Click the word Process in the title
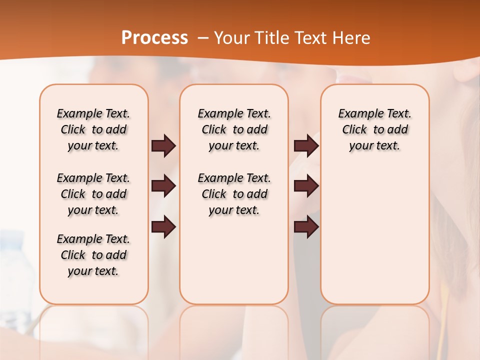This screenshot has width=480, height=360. pos(154,37)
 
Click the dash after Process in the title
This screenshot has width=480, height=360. pos(203,38)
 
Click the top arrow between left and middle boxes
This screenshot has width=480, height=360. pos(163,145)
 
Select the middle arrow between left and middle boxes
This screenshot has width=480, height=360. pos(163,186)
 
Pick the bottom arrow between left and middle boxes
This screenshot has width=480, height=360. pos(163,227)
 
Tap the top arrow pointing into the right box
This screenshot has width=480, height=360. pos(306,145)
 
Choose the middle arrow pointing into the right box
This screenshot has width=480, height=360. pos(306,186)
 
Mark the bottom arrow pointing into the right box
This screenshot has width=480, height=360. pos(306,227)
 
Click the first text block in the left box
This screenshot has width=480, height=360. pos(93,129)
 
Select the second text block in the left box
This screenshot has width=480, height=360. pos(93,194)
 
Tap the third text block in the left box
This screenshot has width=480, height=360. pos(93,255)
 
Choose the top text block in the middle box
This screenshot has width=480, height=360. pos(234,129)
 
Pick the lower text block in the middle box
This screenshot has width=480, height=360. pos(234,194)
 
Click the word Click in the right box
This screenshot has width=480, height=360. pos(354,130)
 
